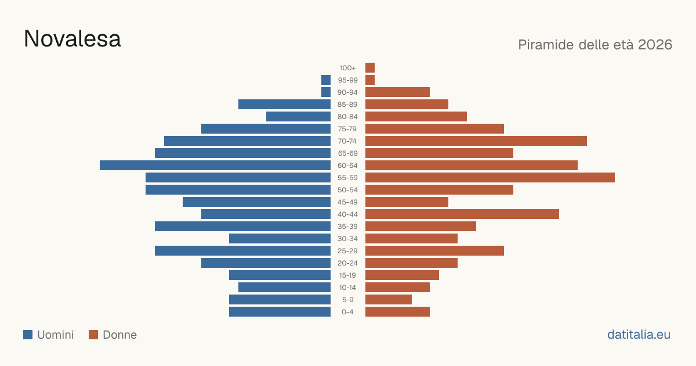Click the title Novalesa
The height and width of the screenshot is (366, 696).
point(72,39)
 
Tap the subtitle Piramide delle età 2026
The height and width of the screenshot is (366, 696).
point(595,45)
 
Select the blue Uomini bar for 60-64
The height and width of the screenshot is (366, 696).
point(215,165)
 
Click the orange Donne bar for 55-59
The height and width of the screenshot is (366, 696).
point(490,177)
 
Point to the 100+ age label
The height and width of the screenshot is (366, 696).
point(347,68)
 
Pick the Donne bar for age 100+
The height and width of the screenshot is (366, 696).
point(370,67)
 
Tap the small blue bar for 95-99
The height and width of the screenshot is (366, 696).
point(326,80)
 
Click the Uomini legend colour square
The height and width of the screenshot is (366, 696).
point(28,335)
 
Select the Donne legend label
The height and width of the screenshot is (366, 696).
point(119,335)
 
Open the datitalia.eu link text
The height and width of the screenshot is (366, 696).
point(639,335)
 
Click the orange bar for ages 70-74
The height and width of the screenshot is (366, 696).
point(476,141)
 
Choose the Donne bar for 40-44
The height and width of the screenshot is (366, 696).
point(462,214)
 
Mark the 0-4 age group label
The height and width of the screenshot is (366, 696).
point(347,312)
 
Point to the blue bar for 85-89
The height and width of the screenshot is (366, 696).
point(284,104)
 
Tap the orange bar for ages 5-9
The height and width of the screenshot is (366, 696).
point(389,299)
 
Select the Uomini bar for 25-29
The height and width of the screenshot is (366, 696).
point(242,251)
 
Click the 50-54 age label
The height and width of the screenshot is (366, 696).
point(347,190)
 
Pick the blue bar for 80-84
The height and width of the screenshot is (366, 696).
point(298,116)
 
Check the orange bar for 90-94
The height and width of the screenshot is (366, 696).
point(397,92)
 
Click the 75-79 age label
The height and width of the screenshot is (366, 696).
point(347,129)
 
